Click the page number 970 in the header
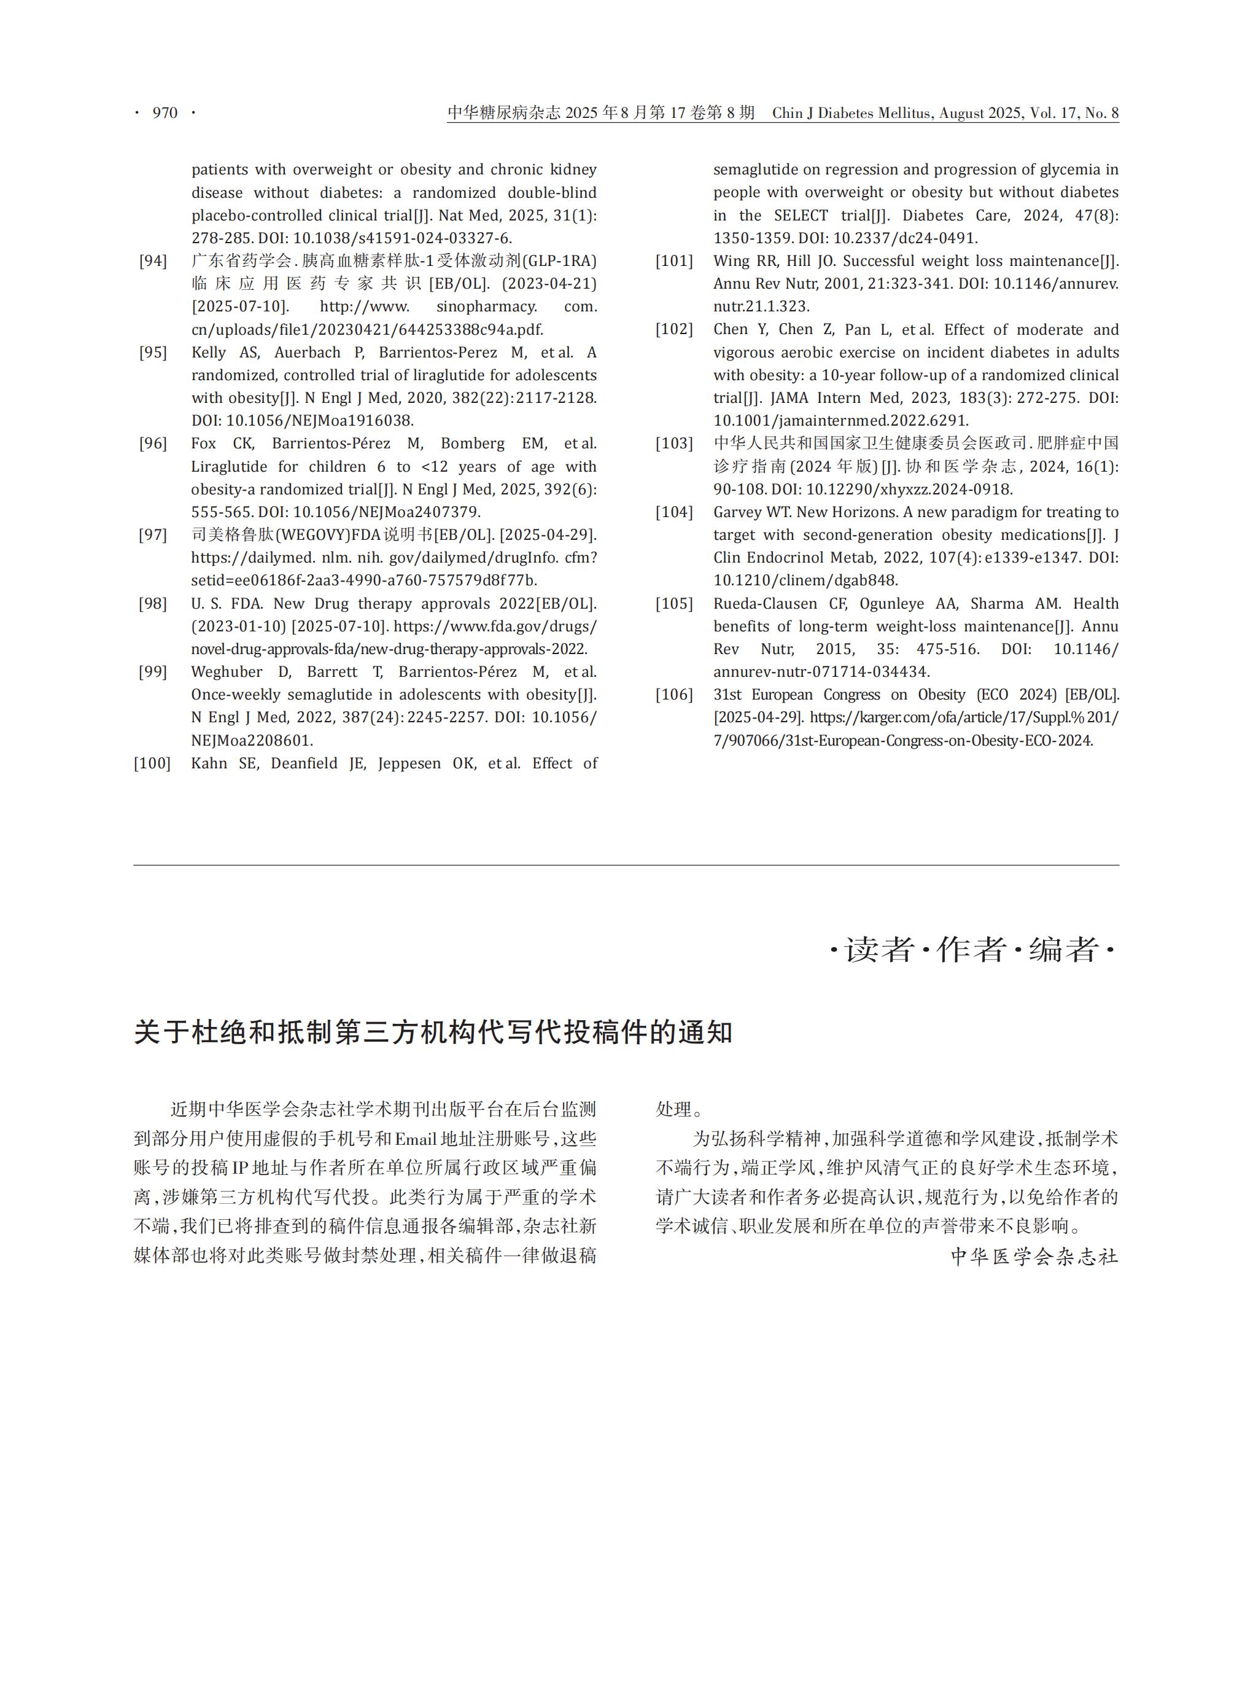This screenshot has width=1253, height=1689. pos(165,113)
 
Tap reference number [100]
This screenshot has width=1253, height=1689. pos(152,763)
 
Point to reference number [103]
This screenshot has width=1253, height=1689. pos(674,443)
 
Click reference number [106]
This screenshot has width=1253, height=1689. pos(674,695)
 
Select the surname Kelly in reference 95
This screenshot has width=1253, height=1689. pos(209,353)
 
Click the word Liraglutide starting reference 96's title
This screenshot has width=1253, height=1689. pos(229,467)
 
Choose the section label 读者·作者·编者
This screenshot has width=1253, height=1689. pos(972,950)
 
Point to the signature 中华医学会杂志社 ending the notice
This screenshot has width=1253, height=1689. pos(1034,1257)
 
